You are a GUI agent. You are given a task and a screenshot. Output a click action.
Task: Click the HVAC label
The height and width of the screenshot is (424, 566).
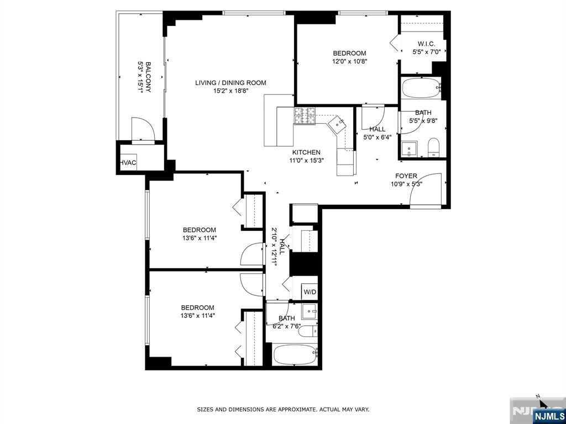[128, 163]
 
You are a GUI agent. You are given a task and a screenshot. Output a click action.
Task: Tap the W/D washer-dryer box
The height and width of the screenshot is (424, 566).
[310, 292]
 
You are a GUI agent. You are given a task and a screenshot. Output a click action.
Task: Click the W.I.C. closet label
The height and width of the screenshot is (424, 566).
[426, 44]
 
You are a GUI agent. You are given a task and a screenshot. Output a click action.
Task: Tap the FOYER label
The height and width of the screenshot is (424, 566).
[406, 176]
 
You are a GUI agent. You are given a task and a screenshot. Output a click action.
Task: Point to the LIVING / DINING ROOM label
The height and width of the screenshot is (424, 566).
[230, 83]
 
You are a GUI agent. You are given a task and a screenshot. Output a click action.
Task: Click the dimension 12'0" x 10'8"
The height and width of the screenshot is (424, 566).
[349, 62]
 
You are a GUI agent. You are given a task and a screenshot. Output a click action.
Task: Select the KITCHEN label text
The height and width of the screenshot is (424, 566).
[306, 152]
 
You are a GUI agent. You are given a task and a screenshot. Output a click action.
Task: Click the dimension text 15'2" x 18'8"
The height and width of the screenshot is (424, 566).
[230, 92]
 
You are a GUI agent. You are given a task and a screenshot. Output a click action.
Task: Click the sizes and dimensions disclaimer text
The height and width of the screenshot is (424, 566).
[283, 410]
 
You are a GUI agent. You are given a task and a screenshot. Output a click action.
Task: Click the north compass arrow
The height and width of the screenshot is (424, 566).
[543, 402]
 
